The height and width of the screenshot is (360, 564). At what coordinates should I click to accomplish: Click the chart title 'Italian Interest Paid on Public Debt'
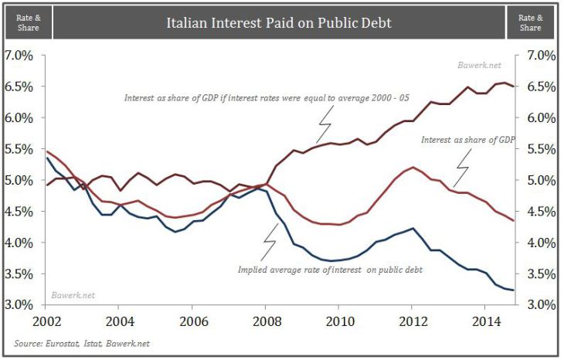(x=279, y=22)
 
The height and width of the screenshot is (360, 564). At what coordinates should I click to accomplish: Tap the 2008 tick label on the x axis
(x=267, y=320)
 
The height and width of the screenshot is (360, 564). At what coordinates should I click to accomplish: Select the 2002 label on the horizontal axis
(x=46, y=320)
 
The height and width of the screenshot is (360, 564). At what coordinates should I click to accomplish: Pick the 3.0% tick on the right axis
(x=541, y=304)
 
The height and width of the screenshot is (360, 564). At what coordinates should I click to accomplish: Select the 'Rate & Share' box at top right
(x=531, y=22)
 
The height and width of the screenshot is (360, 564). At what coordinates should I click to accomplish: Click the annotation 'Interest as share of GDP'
(x=467, y=140)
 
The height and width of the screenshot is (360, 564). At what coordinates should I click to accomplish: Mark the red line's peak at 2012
(x=414, y=167)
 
